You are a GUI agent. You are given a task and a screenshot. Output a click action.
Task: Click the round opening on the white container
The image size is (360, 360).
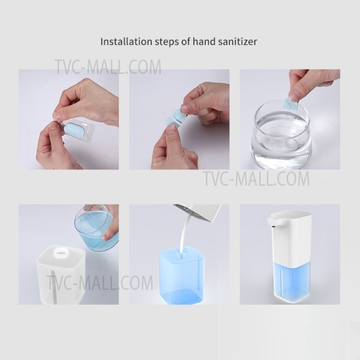tap(58, 252)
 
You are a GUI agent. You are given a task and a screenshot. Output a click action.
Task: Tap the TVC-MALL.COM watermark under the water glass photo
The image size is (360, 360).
tap(255, 179)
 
